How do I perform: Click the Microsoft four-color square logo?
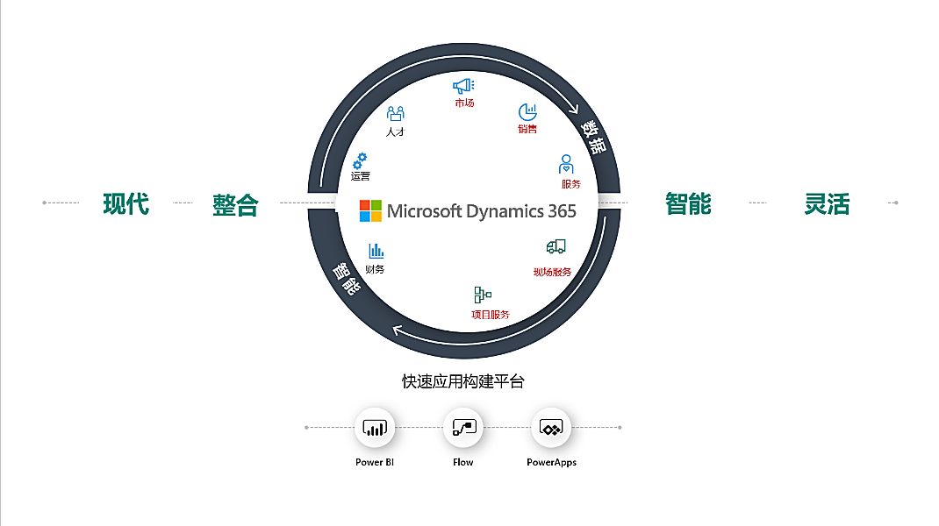coord(370,210)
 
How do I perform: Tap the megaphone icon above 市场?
coord(463,86)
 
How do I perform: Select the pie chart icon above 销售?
coord(527,112)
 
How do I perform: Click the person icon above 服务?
coord(567,165)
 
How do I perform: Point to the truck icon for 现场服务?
coord(555,248)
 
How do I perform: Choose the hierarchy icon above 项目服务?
coord(483,295)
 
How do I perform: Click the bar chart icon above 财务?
coord(376,251)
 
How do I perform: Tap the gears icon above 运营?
coord(359,160)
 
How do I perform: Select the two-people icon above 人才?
coord(396,113)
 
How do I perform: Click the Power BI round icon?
coord(375,428)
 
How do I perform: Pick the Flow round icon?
coord(463,428)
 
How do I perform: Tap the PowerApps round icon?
coord(551,428)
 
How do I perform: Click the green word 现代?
coord(126,204)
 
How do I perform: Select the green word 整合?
coord(235,205)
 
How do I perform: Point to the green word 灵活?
coord(827,204)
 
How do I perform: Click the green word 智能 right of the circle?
coord(688,204)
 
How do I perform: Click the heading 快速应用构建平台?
coord(463,381)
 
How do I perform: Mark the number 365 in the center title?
coord(559,211)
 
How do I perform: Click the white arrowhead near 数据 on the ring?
coord(574,109)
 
